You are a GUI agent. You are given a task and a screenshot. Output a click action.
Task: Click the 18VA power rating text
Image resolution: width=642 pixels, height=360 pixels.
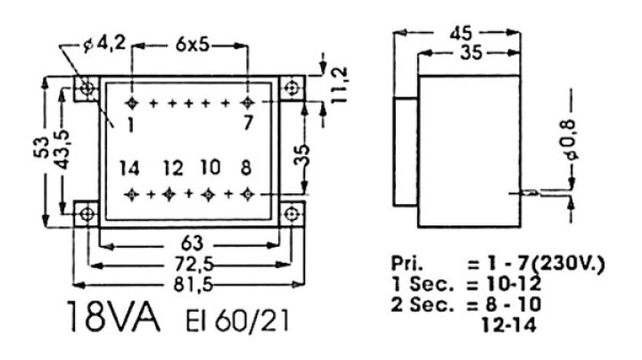pyautogui.click(x=112, y=317)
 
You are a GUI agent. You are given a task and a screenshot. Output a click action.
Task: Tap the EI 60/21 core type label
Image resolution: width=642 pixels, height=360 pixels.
pyautogui.click(x=237, y=320)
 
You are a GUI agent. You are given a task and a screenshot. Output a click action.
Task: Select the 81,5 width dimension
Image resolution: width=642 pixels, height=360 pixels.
pyautogui.click(x=193, y=285)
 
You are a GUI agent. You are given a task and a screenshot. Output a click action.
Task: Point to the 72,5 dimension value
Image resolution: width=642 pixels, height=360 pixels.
pyautogui.click(x=193, y=266)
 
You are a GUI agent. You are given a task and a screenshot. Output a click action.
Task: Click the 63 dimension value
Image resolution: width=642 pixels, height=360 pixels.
pyautogui.click(x=192, y=244)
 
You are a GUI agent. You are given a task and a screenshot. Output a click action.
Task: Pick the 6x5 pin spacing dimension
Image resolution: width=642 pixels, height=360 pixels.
pyautogui.click(x=193, y=45)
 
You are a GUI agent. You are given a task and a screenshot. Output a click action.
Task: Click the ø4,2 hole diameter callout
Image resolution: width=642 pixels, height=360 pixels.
pyautogui.click(x=103, y=45)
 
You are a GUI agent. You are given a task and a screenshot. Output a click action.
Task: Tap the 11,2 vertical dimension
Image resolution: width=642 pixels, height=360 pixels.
pyautogui.click(x=340, y=85)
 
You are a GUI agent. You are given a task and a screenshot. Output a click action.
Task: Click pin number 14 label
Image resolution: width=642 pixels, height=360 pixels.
pyautogui.click(x=129, y=168)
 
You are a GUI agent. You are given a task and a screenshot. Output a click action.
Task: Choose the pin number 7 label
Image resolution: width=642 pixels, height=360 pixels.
pyautogui.click(x=248, y=123)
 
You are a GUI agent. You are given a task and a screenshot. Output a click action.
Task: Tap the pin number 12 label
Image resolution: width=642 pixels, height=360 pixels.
pyautogui.click(x=173, y=168)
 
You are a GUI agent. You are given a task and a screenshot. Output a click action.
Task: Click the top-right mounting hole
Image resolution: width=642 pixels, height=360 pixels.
pyautogui.click(x=292, y=88)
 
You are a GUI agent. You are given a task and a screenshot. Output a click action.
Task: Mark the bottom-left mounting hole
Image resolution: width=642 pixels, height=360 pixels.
pyautogui.click(x=87, y=214)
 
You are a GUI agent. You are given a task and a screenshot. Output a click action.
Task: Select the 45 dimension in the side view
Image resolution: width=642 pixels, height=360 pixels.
pyautogui.click(x=461, y=33)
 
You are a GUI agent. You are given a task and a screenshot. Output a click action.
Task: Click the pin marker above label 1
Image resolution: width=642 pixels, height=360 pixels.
pyautogui.click(x=131, y=103)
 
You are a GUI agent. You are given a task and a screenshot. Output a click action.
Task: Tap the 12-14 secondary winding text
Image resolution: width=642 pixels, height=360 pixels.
pyautogui.click(x=508, y=325)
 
